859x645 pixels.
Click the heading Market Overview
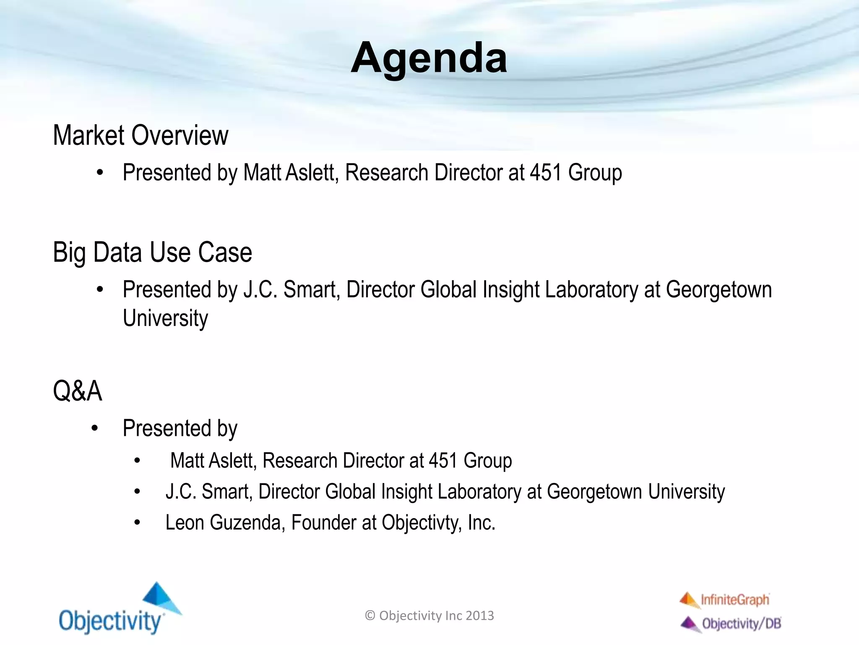coord(141,136)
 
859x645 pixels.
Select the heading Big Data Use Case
coord(152,252)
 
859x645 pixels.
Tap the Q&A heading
coord(78,391)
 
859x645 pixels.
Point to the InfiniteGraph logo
coord(725,600)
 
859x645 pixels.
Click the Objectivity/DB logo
coord(731,624)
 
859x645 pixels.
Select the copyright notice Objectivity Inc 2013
coord(429,616)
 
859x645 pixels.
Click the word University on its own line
coord(165,318)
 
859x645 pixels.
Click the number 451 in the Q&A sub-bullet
coord(443,461)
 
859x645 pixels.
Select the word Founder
coord(323,523)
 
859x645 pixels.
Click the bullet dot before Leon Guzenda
coord(137,523)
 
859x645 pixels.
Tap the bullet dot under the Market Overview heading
coord(100,173)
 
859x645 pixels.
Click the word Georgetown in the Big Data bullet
coord(718,290)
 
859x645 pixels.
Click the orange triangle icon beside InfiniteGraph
coord(688,599)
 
